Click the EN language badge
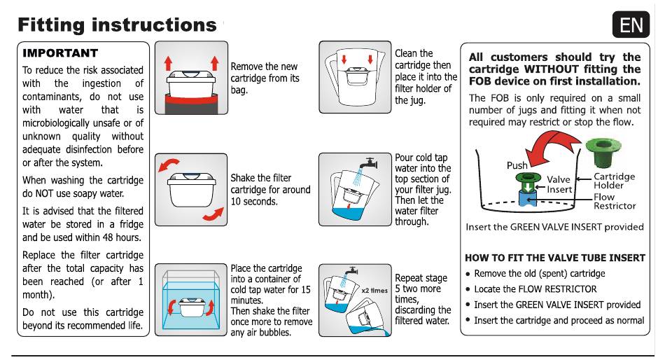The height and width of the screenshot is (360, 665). (631, 25)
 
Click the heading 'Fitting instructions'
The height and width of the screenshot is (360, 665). (117, 25)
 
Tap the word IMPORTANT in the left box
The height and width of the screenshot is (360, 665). (60, 53)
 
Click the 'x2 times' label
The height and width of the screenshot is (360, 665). (374, 290)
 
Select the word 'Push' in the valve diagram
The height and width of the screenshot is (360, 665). (517, 166)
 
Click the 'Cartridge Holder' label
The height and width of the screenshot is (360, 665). (614, 181)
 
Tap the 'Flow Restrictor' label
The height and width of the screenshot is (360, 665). (615, 202)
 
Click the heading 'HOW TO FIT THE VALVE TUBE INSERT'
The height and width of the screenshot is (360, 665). (555, 258)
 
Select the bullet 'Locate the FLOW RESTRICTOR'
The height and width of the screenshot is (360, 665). (535, 289)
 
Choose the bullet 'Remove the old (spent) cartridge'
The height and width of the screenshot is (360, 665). (540, 273)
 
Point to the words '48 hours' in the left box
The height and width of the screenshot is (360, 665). (119, 237)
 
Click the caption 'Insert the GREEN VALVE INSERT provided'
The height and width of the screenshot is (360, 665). (554, 227)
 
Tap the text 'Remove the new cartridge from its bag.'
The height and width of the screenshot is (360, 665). (265, 78)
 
